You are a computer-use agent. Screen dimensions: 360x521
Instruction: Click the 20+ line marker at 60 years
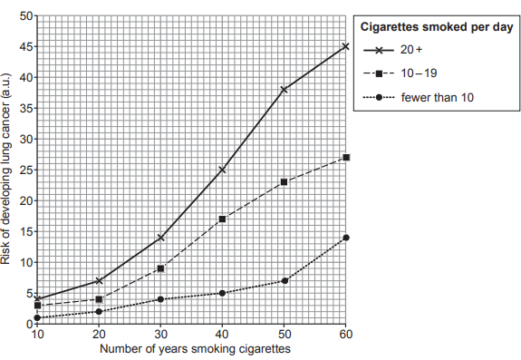pos(345,46)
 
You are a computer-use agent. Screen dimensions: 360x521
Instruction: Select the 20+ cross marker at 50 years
pos(284,90)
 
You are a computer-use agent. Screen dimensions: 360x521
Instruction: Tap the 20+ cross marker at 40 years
pos(222,170)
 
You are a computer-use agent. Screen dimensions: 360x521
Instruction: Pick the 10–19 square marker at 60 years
pos(345,158)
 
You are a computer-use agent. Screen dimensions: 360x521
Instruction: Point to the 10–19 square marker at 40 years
pos(222,219)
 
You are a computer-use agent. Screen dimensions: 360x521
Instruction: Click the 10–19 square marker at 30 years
pos(160,268)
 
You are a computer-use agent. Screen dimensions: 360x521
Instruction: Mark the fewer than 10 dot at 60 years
pos(345,238)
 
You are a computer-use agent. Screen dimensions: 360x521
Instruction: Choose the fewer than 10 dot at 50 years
pos(284,281)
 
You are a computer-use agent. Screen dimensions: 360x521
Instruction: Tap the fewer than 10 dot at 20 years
pos(99,312)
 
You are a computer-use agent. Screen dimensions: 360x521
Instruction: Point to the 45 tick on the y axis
pos(26,46)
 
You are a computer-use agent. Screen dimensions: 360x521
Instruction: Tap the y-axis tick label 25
pos(26,170)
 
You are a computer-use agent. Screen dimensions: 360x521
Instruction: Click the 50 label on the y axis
pos(26,15)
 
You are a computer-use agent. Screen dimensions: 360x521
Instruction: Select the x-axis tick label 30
pos(160,334)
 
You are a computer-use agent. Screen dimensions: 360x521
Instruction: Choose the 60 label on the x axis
pos(345,334)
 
